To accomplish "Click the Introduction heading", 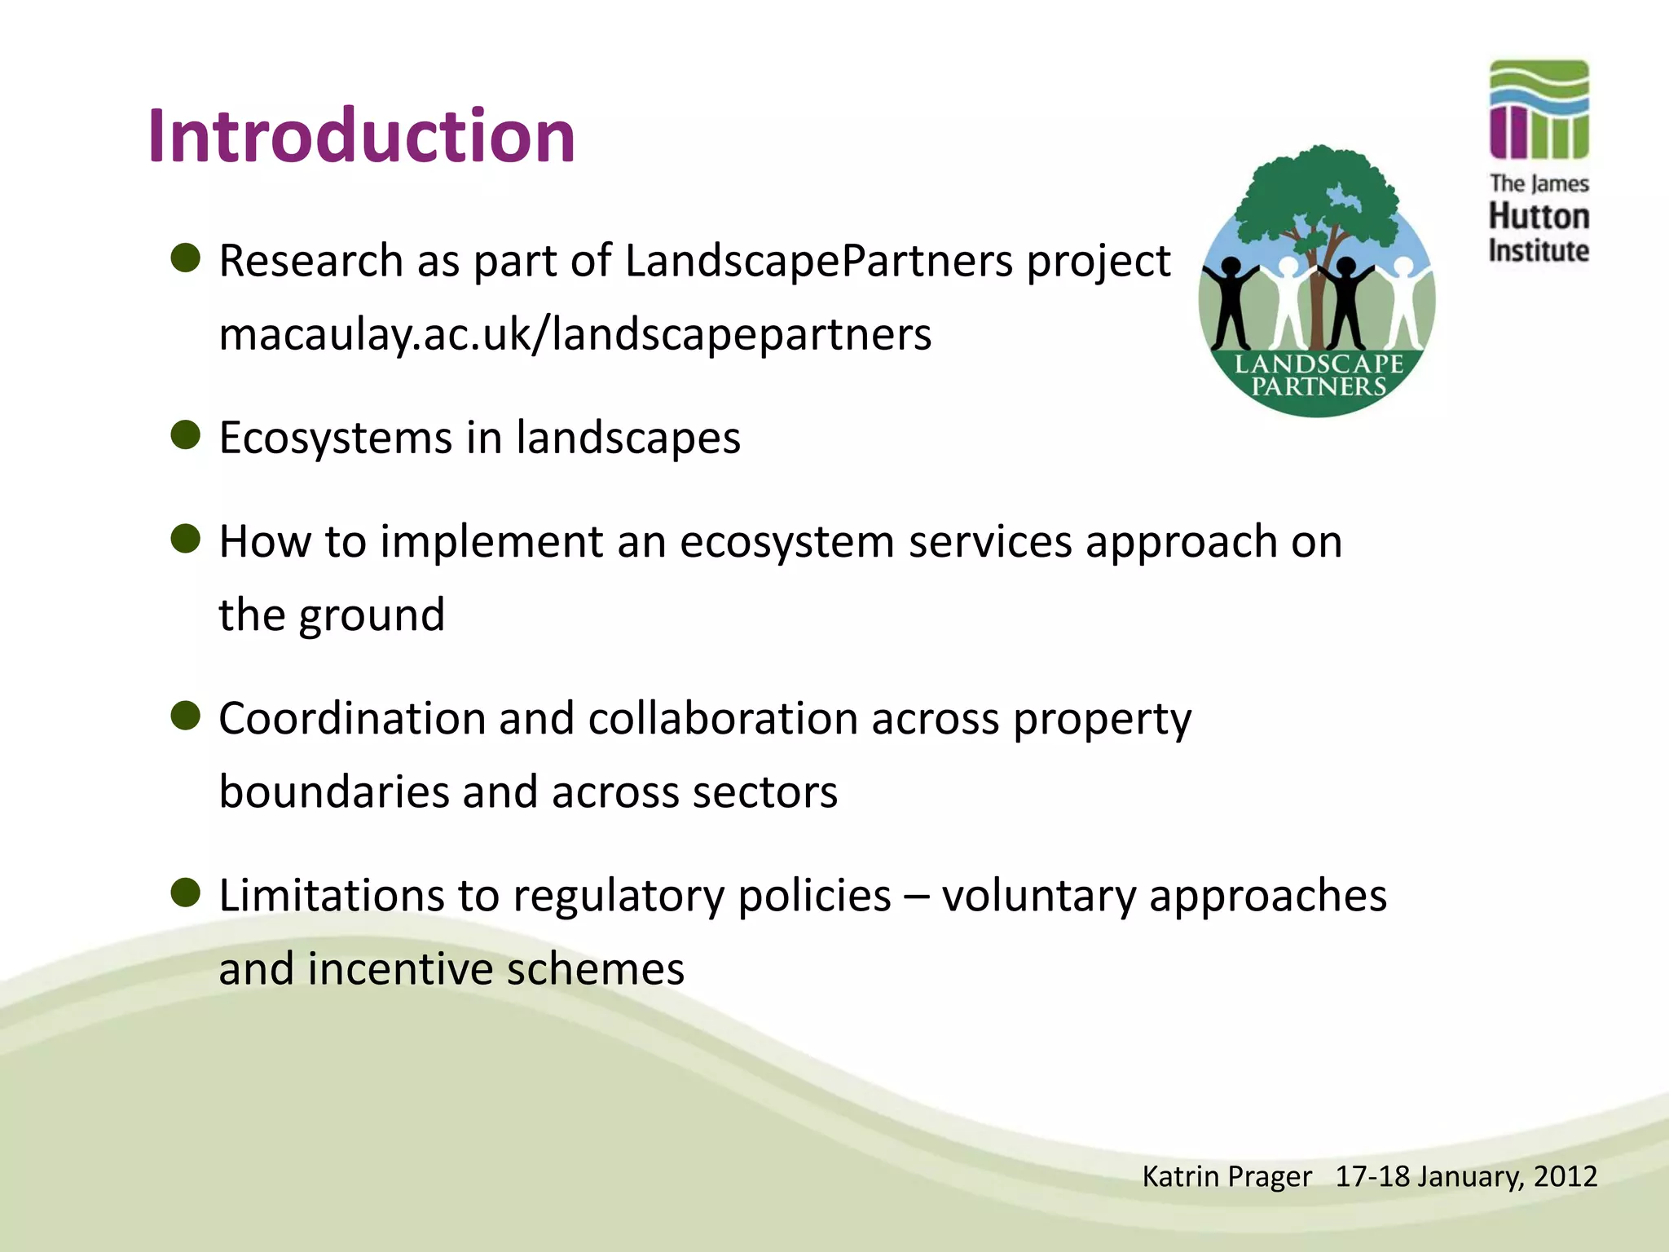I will (361, 136).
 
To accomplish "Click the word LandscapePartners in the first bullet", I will (817, 262).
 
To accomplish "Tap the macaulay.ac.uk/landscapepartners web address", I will (575, 335).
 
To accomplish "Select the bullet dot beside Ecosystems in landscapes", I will (186, 435).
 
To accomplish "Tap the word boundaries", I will (333, 792).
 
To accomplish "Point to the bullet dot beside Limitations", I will (186, 893).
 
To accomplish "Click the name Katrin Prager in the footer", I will (1226, 1177).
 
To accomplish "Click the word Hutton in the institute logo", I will (1539, 217).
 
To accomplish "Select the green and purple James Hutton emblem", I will (1539, 109).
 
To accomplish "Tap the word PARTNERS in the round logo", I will (1318, 387).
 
